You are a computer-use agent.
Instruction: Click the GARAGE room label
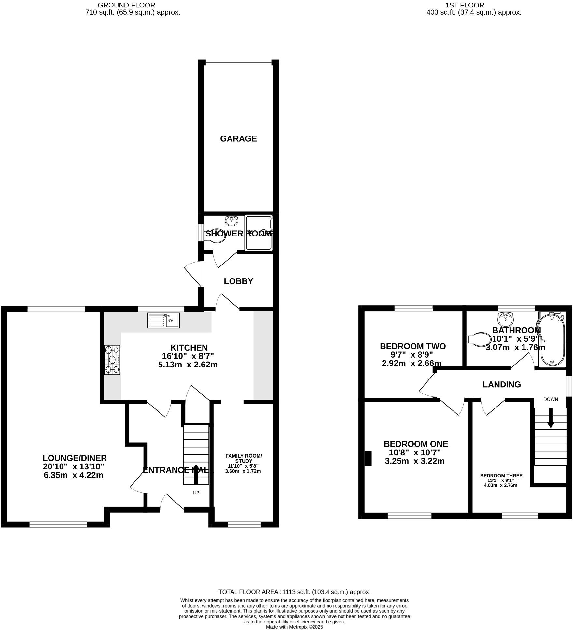[238, 139]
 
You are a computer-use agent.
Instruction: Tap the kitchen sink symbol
[163, 320]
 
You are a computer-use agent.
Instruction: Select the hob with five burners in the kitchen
[112, 360]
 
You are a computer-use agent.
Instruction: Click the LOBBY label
[238, 281]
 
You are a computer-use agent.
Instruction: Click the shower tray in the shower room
[258, 233]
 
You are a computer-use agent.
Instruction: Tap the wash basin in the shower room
[231, 221]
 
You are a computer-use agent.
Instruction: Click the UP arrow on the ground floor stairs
[196, 479]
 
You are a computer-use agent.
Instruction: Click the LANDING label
[501, 385]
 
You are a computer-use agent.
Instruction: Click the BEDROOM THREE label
[501, 476]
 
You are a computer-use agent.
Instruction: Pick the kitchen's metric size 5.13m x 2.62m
[188, 365]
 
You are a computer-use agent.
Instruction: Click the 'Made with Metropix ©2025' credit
[294, 627]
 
